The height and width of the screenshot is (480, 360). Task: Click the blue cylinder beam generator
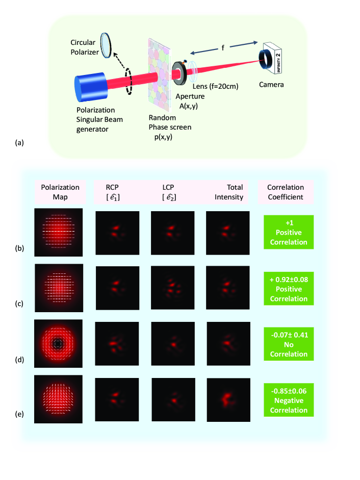tap(92, 87)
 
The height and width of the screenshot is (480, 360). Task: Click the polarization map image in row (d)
tap(58, 344)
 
